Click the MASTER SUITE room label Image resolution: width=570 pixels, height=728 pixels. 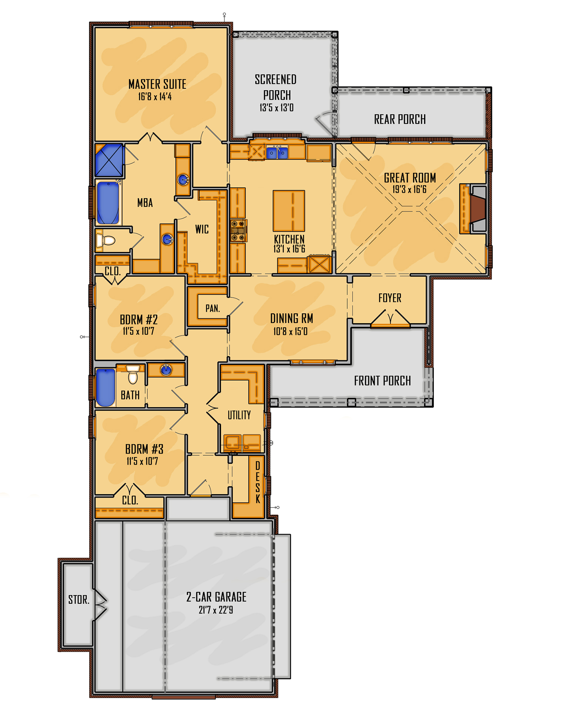coord(157,84)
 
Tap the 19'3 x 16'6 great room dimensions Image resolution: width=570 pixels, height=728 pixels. coord(409,190)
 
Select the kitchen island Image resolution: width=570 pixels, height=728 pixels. coord(289,211)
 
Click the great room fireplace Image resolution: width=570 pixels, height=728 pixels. coord(478,209)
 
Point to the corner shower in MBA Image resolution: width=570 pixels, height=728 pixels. coord(109,160)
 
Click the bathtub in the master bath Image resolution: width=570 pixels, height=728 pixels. coord(108,203)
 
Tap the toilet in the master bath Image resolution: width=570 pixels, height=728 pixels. coord(106,240)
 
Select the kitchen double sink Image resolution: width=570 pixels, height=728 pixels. coord(277,152)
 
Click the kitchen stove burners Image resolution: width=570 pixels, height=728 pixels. coord(238,230)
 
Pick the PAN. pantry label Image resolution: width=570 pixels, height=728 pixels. coord(212,308)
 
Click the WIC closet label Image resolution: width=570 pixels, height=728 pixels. coord(202,229)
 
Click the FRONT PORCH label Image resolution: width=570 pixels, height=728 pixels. coord(382,381)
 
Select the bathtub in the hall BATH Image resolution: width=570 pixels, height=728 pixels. coord(105,387)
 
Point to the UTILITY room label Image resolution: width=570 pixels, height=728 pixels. coord(239,415)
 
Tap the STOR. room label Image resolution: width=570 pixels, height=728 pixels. coord(78,600)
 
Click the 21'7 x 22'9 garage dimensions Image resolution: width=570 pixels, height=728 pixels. coord(216,610)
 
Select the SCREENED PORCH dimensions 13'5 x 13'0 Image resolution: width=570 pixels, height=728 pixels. coord(276,108)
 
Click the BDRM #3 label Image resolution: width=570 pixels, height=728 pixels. coord(144,449)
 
